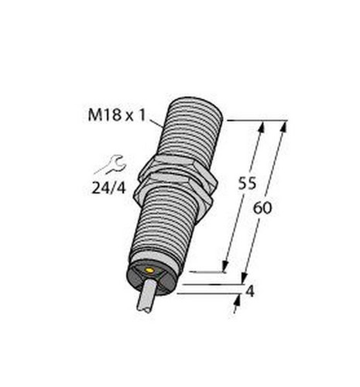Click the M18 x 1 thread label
tap(117, 115)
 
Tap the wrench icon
tap(111, 165)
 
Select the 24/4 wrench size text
tap(109, 189)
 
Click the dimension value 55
tap(247, 183)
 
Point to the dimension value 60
tap(262, 207)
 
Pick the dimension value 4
tap(250, 291)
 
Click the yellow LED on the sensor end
tap(149, 270)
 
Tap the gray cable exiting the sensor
tap(148, 296)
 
